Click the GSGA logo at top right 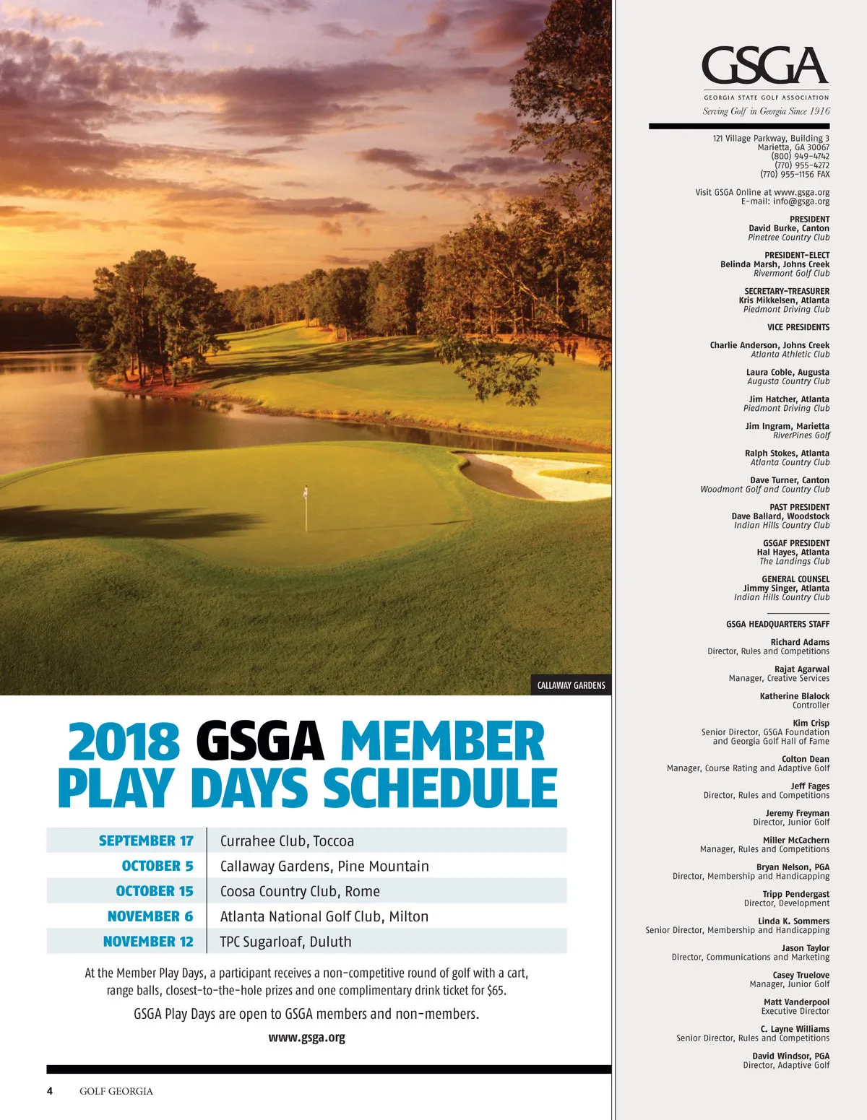[765, 66]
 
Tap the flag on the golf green [306, 494]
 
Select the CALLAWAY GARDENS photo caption [571, 685]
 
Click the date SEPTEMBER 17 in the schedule [146, 841]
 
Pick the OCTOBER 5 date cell [158, 866]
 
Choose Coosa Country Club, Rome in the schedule [300, 891]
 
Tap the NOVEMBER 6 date [150, 916]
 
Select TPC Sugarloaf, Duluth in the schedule [285, 942]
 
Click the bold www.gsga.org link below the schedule [306, 1038]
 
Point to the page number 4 [50, 1090]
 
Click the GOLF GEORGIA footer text [116, 1091]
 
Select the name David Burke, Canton [788, 228]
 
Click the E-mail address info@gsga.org [801, 201]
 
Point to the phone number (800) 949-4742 [800, 156]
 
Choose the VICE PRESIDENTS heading [798, 327]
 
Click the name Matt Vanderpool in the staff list [796, 1002]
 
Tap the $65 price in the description [496, 991]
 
